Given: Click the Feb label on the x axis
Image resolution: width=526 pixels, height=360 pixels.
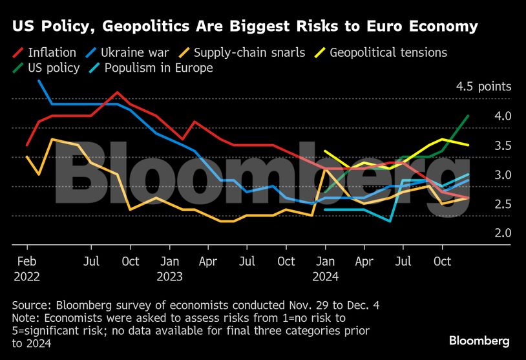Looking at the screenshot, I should pos(26,261).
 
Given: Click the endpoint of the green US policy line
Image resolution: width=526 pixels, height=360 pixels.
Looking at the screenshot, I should pos(468,116).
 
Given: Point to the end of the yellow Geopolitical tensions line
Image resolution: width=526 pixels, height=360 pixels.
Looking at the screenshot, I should pos(468,145).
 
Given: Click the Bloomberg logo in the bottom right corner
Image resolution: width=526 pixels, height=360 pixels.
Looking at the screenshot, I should pos(479,341).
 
